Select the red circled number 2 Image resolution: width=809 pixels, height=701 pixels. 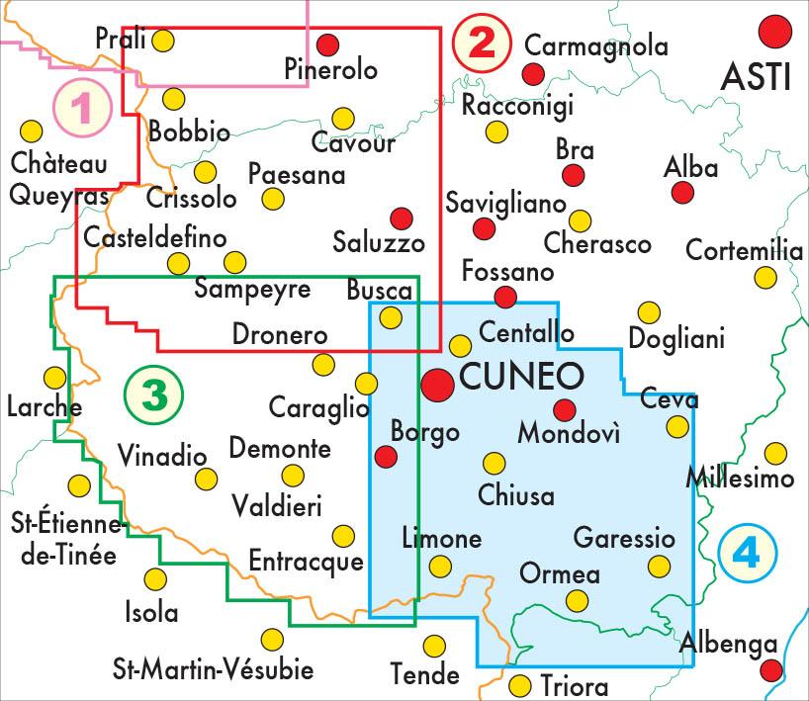[x=481, y=44]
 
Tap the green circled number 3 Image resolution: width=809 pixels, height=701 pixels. [x=154, y=396]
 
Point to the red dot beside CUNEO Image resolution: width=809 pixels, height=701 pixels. [x=438, y=386]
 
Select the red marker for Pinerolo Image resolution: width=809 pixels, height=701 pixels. [x=328, y=44]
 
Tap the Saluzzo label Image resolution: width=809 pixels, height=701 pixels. [x=379, y=243]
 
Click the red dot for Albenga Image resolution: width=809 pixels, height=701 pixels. [x=771, y=673]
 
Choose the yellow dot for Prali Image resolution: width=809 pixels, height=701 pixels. [x=164, y=41]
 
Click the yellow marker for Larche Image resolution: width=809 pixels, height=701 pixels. [x=55, y=377]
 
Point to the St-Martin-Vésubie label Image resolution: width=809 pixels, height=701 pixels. [x=214, y=670]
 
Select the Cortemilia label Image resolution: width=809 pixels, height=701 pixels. [x=744, y=251]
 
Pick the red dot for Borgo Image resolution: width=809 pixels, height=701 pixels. [x=386, y=456]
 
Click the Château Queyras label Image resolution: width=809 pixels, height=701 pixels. [x=58, y=179]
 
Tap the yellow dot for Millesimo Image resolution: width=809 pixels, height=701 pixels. [x=775, y=454]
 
